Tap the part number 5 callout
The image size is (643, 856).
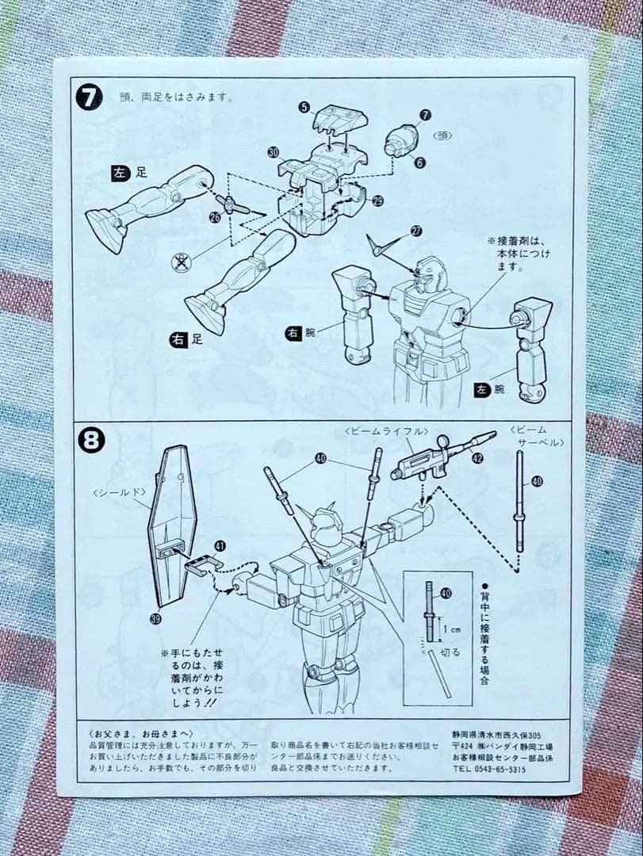pyautogui.click(x=304, y=107)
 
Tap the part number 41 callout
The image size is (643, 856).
pyautogui.click(x=220, y=545)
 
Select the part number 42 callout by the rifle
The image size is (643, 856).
pyautogui.click(x=477, y=457)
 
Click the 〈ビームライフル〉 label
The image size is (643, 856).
pyautogui.click(x=385, y=430)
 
